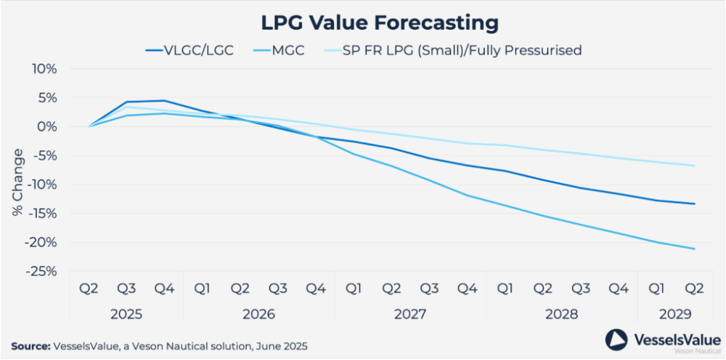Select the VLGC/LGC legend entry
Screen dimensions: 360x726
[x=189, y=50]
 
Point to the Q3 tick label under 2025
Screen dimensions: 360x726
[x=127, y=289]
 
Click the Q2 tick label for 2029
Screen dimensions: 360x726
[x=694, y=289]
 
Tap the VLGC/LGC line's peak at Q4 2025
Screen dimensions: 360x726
[x=165, y=101]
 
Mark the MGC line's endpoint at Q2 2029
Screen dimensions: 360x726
[x=694, y=249]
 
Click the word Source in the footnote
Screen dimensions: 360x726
[x=30, y=346]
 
